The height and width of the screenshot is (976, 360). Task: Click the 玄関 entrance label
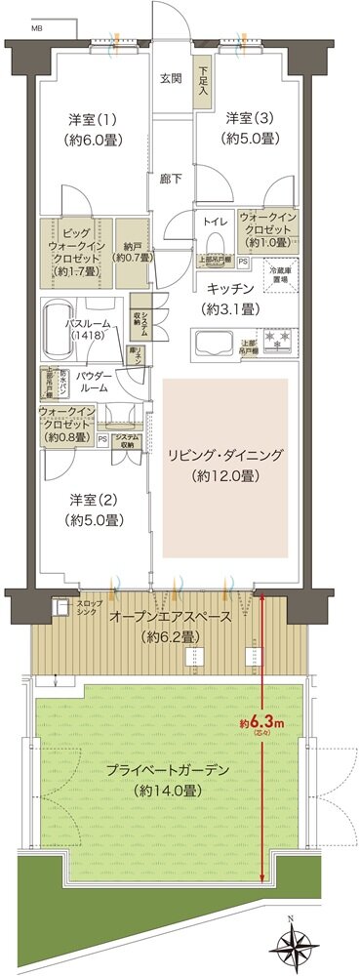click(x=170, y=80)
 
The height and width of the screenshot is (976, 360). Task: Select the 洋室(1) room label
click(x=88, y=119)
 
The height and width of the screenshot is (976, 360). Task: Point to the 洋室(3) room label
click(x=247, y=119)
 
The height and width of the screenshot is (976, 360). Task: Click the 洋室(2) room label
click(x=95, y=500)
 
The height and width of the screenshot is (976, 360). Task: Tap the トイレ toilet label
click(x=216, y=222)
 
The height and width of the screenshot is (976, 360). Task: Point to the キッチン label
click(x=230, y=289)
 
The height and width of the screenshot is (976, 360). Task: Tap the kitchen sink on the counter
click(x=211, y=344)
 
